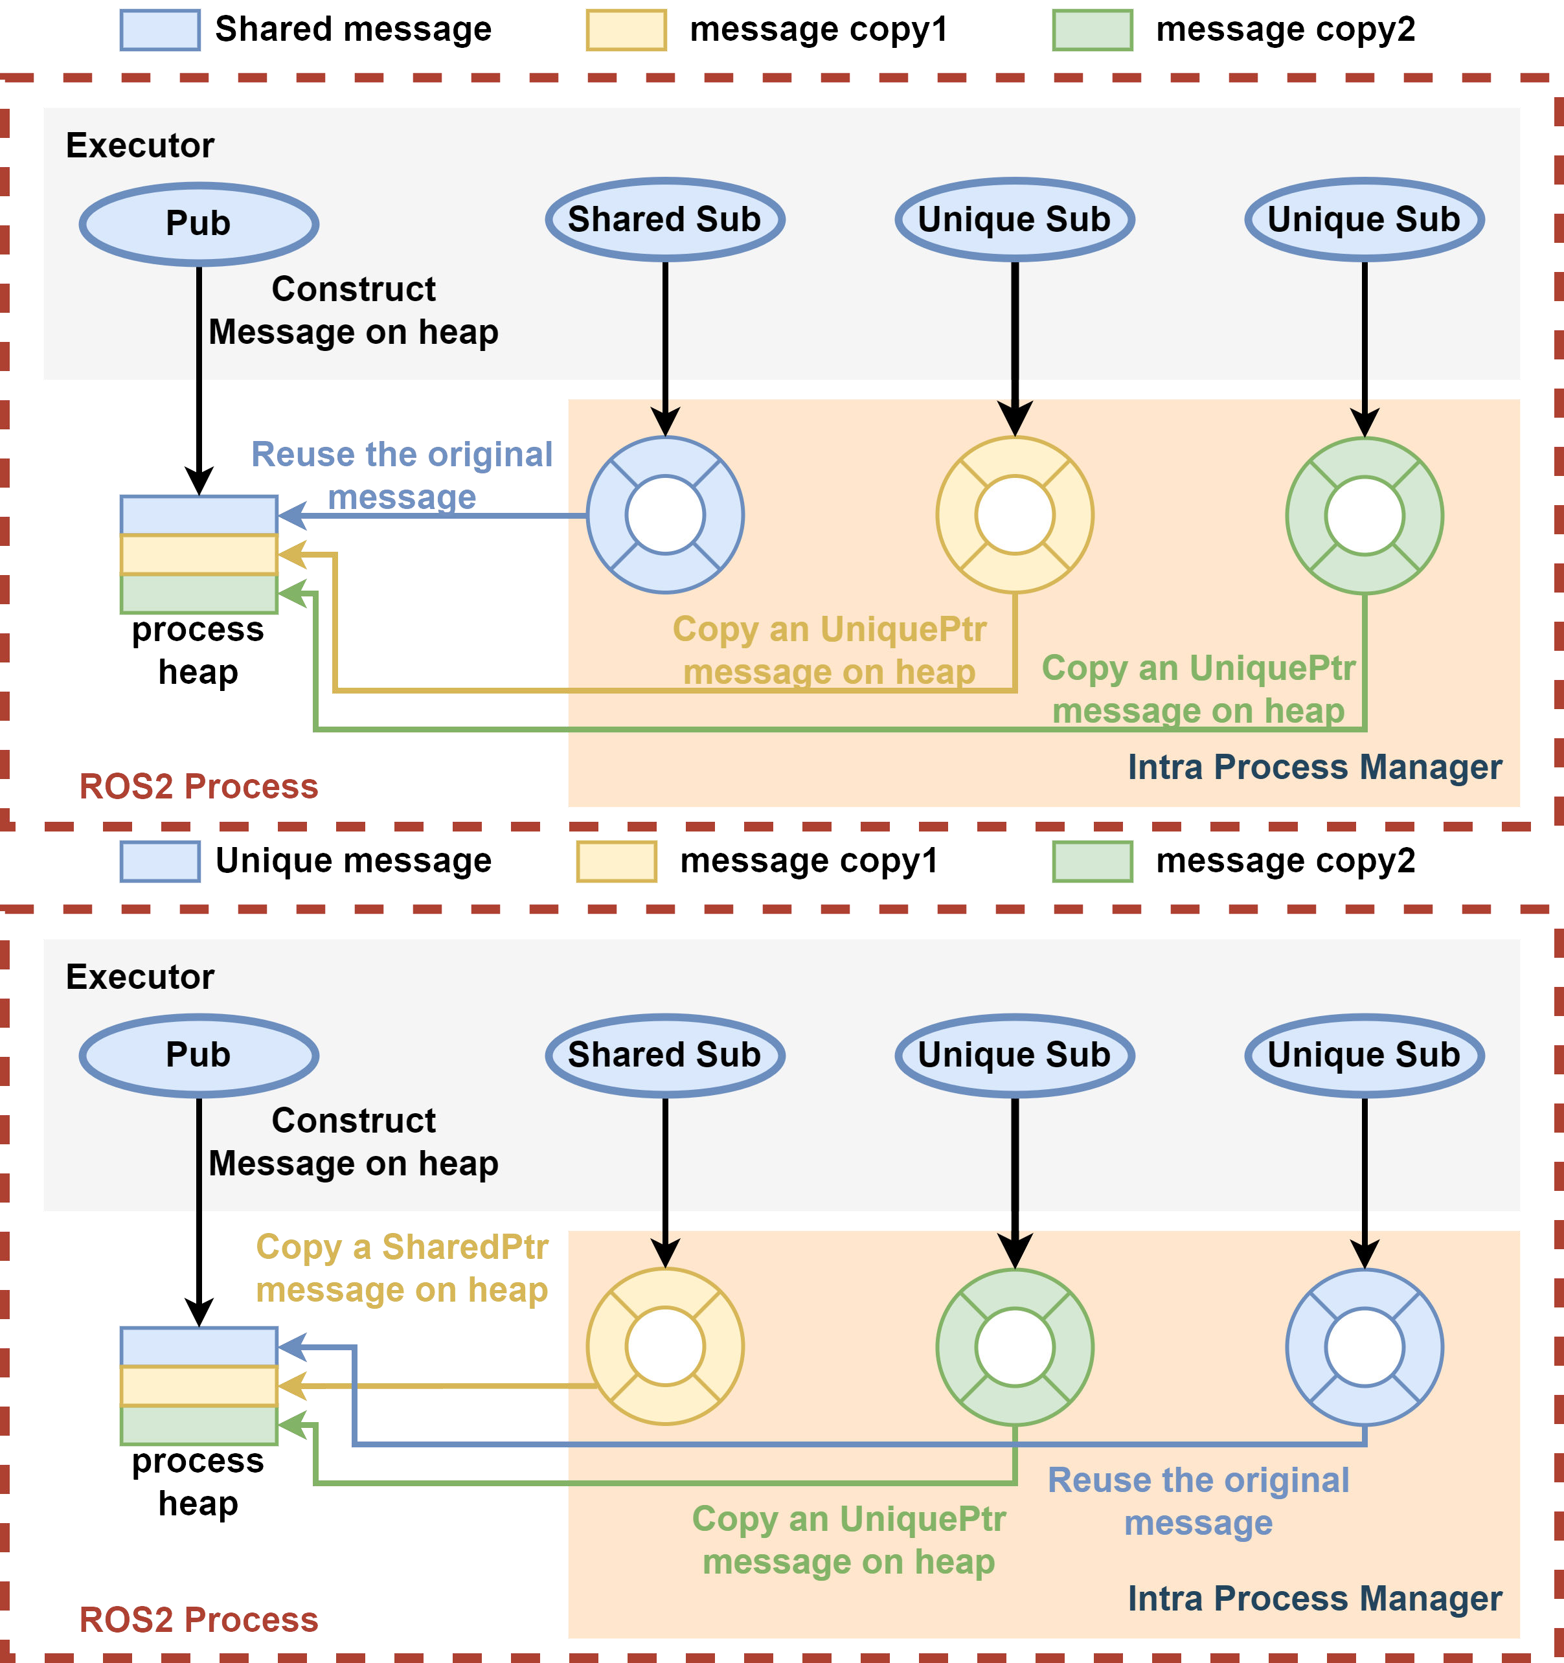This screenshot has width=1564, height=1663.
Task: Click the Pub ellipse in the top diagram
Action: coord(199,223)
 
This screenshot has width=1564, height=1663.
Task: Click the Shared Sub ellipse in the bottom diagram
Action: coord(665,1055)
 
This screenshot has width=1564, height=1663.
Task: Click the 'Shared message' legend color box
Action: coord(160,30)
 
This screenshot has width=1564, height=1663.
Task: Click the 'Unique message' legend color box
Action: coord(160,862)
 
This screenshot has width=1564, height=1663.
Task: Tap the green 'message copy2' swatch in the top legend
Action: coord(1093,30)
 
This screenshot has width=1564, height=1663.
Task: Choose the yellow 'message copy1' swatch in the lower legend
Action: coord(617,862)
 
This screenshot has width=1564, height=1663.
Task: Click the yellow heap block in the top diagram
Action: coord(199,554)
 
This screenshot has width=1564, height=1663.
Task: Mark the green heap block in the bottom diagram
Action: coord(199,1425)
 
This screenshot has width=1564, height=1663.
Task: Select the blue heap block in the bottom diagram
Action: coord(199,1346)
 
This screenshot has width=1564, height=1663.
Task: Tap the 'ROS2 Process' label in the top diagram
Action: coord(198,786)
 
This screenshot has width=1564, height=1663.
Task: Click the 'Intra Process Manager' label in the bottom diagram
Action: coord(1314,1599)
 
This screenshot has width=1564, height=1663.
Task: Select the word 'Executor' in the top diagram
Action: coord(140,146)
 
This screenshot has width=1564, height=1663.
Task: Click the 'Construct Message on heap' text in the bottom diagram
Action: coord(353,1142)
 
